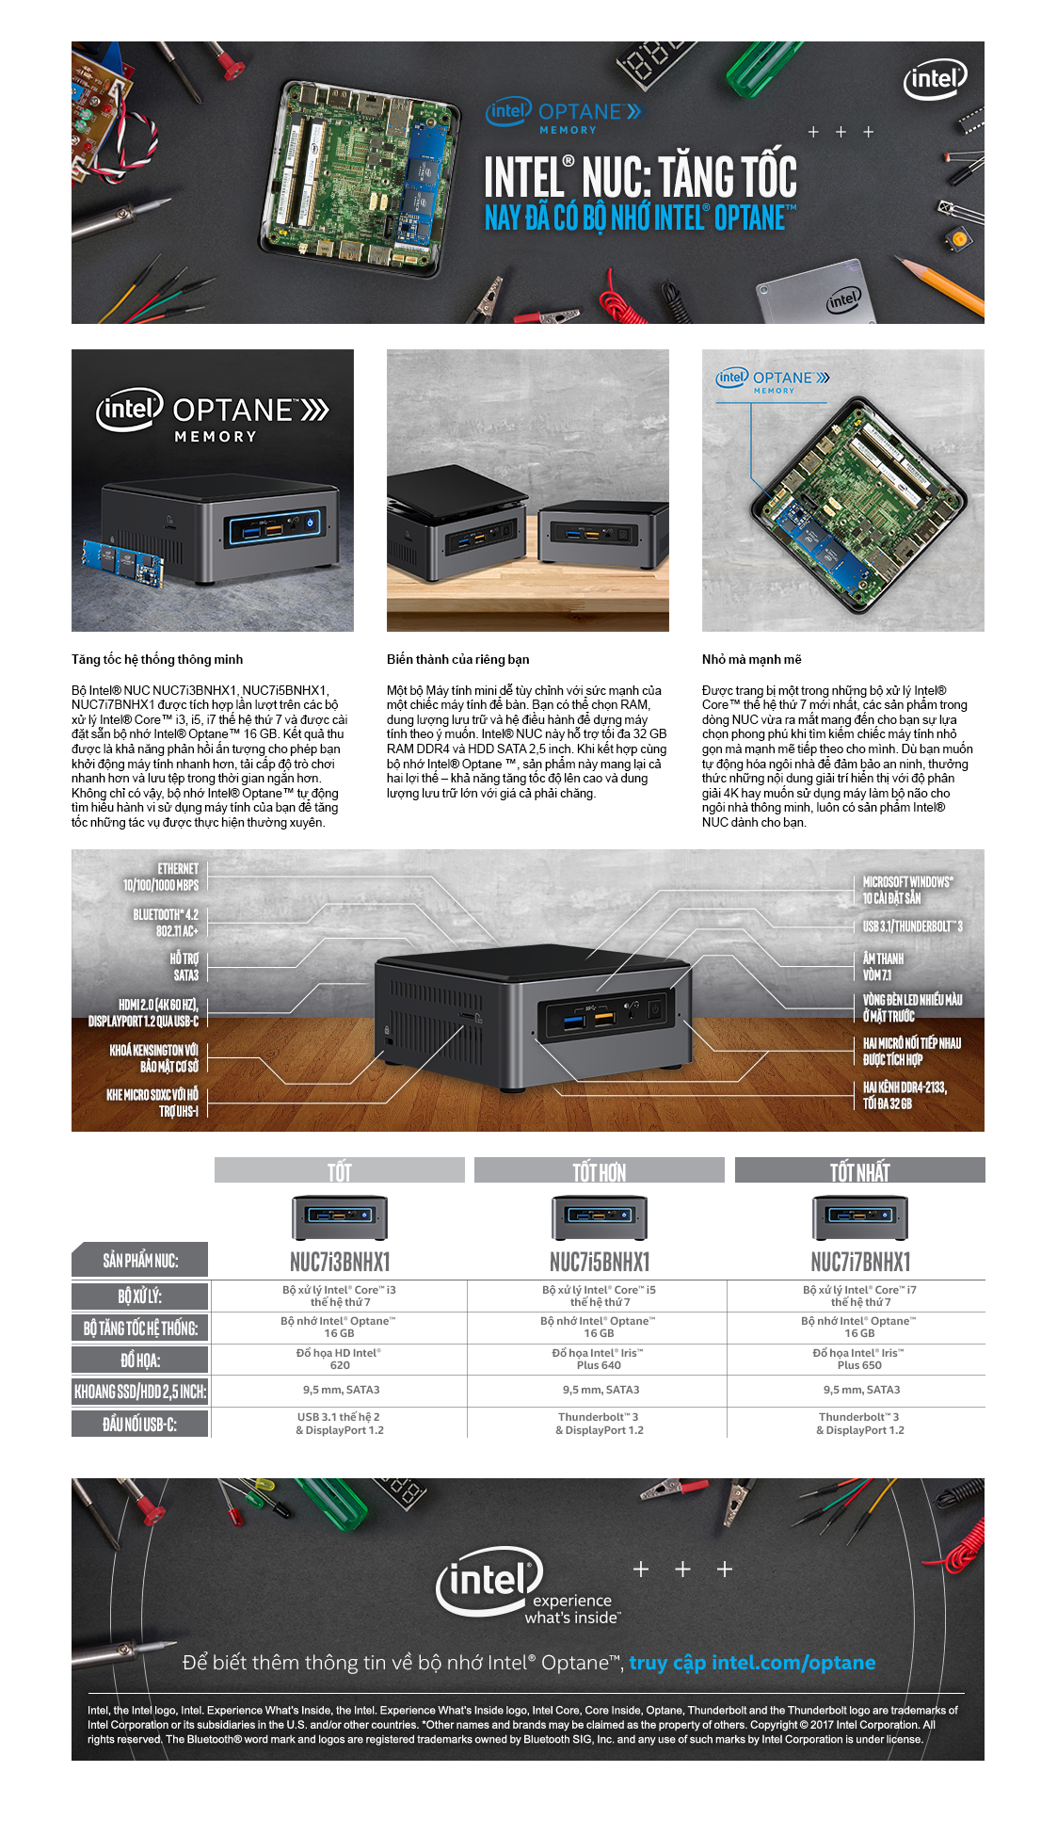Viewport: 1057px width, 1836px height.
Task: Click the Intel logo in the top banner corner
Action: pos(935,79)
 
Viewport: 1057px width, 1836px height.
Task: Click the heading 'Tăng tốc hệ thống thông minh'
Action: pos(157,659)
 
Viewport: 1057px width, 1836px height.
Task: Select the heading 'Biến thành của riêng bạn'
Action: pos(457,659)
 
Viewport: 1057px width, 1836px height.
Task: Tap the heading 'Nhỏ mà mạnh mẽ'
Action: pos(751,659)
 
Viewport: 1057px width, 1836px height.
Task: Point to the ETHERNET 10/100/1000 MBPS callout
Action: pos(161,877)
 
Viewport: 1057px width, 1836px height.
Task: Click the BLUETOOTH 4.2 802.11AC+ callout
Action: pos(166,923)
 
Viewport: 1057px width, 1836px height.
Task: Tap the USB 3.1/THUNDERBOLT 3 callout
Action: pos(912,926)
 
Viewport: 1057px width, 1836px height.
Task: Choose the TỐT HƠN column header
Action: pos(600,1170)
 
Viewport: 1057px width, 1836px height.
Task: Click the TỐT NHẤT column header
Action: pos(859,1170)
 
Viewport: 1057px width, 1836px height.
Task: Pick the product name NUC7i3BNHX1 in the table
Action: pos(340,1262)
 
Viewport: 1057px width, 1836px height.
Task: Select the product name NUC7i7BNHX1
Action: pos(860,1262)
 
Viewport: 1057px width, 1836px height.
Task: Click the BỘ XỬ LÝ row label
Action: pos(140,1296)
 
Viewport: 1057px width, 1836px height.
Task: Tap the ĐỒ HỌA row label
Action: pos(140,1360)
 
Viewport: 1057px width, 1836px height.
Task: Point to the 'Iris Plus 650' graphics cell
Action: pos(858,1359)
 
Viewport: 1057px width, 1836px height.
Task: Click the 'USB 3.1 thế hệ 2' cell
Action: pos(339,1423)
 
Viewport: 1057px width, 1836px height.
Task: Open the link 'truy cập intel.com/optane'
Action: pos(752,1662)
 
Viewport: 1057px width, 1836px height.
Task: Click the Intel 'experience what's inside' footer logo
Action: pos(527,1586)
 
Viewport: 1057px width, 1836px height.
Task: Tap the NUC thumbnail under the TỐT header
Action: pos(340,1217)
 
